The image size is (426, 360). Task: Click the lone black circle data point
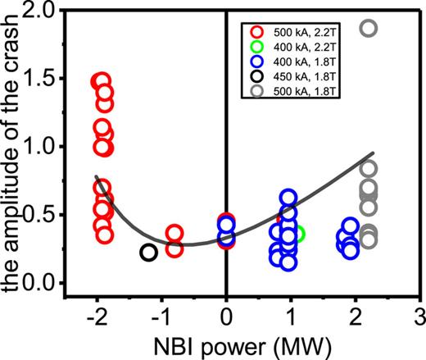point(148,253)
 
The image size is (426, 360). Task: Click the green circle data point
point(297,234)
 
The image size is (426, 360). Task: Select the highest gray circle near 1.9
point(369,29)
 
